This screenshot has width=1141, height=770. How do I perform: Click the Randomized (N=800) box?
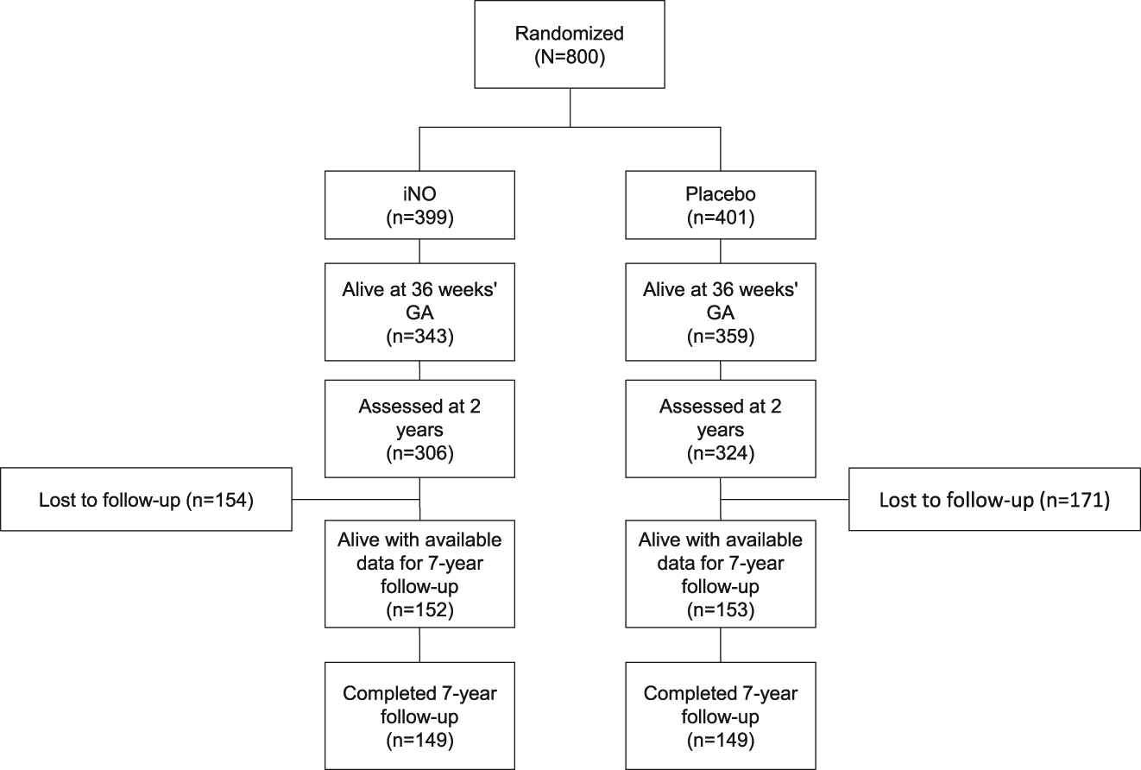(x=570, y=45)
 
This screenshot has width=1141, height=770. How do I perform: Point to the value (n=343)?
(x=419, y=334)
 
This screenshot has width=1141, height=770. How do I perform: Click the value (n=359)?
(x=720, y=334)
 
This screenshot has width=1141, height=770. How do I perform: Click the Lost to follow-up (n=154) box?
(x=146, y=499)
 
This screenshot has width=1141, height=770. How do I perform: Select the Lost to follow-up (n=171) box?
(x=995, y=499)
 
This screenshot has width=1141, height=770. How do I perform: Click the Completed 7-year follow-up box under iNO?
(x=419, y=715)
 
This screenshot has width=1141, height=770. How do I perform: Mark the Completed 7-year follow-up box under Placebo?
(x=720, y=715)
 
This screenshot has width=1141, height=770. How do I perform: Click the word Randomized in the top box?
(x=570, y=34)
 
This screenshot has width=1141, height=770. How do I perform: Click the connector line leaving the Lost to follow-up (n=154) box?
(x=355, y=499)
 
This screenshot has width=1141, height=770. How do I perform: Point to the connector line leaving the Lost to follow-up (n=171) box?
(x=785, y=499)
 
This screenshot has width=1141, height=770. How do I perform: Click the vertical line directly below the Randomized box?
(x=570, y=109)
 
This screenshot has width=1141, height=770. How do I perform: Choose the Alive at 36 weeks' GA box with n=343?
(x=419, y=312)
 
